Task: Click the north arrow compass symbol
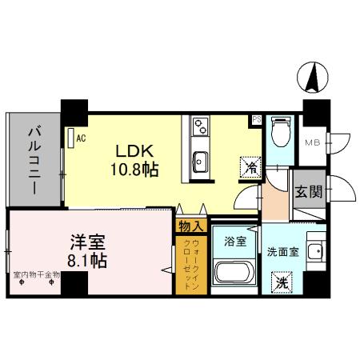click(314, 78)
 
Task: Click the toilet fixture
click(279, 130)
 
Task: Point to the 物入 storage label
click(189, 226)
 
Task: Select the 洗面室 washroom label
click(282, 250)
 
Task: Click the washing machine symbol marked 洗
click(282, 282)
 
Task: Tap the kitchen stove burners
click(199, 127)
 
